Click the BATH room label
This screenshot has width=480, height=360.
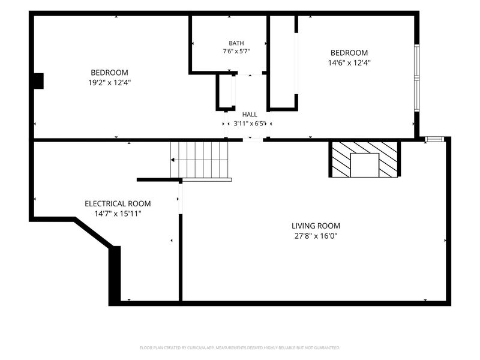(x=236, y=43)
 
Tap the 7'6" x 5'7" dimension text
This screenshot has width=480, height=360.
(x=236, y=52)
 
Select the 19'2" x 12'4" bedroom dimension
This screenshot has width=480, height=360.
(x=110, y=83)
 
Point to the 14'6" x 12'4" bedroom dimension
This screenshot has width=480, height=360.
(x=349, y=63)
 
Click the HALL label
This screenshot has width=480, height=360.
(x=250, y=115)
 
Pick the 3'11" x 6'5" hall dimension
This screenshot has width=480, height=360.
(x=249, y=124)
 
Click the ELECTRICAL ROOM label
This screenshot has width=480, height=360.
(x=118, y=203)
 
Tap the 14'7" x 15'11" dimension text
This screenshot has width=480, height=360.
(x=118, y=214)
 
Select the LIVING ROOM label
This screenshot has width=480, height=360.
(x=316, y=226)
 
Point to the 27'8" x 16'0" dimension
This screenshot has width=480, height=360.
(x=316, y=236)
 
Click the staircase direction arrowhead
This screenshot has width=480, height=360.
(x=173, y=160)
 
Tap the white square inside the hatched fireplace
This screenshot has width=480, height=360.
(x=365, y=165)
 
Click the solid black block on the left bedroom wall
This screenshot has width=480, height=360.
(x=38, y=81)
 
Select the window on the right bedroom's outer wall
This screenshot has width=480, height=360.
(x=416, y=78)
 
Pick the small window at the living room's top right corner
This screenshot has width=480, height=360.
(x=434, y=139)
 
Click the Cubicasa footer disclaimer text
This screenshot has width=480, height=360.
(x=240, y=348)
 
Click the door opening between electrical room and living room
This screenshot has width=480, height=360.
(x=181, y=199)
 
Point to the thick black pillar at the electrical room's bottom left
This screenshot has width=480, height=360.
(x=115, y=275)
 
